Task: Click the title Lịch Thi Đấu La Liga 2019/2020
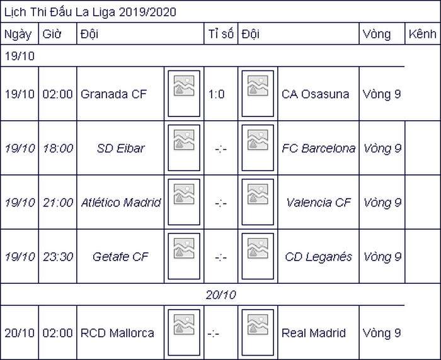(90, 12)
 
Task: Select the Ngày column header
(18, 34)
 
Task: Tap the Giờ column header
(52, 34)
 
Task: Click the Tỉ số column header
(220, 34)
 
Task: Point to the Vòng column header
(377, 34)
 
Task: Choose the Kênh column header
(423, 34)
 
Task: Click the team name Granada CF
(113, 94)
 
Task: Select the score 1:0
(216, 94)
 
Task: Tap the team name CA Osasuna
(315, 94)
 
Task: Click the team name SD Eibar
(121, 148)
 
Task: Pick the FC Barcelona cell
(318, 148)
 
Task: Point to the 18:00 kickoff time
(58, 148)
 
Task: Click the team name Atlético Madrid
(121, 202)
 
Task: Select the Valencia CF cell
(318, 202)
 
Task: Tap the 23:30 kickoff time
(58, 257)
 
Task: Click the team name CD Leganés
(318, 257)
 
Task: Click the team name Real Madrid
(314, 333)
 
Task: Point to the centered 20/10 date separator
(220, 295)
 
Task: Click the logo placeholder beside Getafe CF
(184, 256)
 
